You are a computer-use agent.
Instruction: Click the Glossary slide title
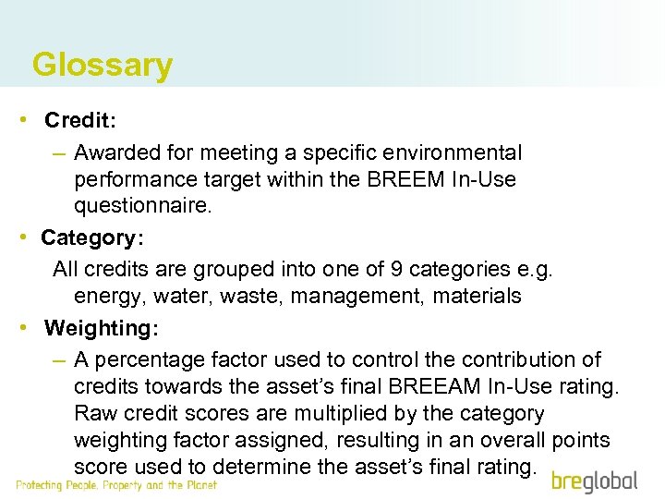click(102, 65)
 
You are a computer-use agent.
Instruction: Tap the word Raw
click(93, 413)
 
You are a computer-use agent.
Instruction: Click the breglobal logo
click(595, 481)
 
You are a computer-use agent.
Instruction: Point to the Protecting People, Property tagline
click(116, 485)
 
